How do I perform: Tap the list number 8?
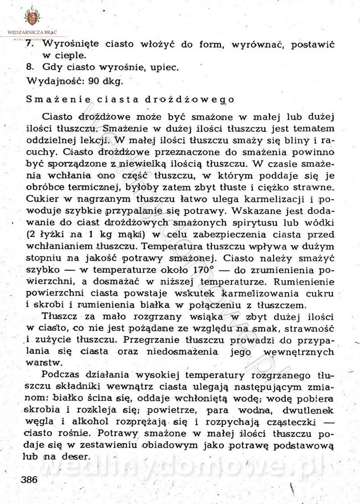click(30, 68)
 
